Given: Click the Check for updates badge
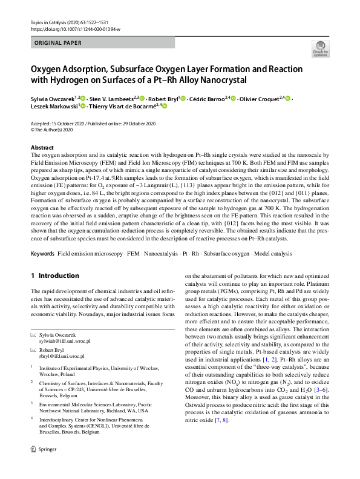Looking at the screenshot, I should tap(319, 48).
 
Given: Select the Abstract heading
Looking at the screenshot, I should tap(42, 148).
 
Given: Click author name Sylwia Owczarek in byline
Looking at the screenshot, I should tap(52, 98).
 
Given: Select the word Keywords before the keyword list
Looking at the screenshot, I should tap(42, 253).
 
